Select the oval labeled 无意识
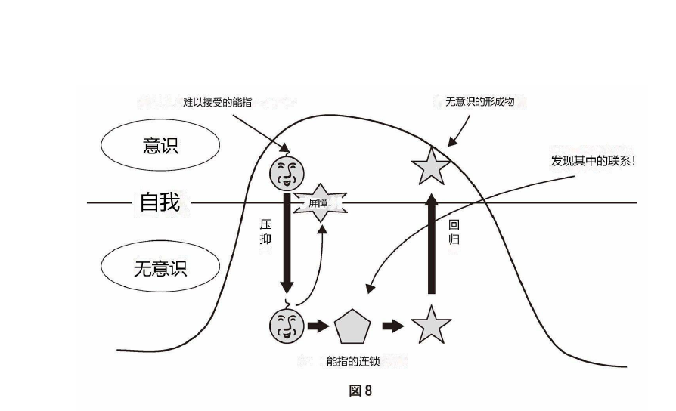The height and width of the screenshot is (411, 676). coord(160,268)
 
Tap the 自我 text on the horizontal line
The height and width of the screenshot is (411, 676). coord(160,202)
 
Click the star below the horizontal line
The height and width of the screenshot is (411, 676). coord(431,326)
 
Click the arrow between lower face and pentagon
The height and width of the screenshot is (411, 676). coord(318,326)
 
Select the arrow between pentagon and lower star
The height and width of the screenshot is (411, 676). coord(392,326)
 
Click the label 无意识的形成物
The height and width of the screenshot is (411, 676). coord(479,101)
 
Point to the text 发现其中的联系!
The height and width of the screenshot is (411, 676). coord(593,160)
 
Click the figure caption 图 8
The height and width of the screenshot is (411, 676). coord(361,391)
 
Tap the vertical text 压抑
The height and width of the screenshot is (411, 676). coord(265,231)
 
